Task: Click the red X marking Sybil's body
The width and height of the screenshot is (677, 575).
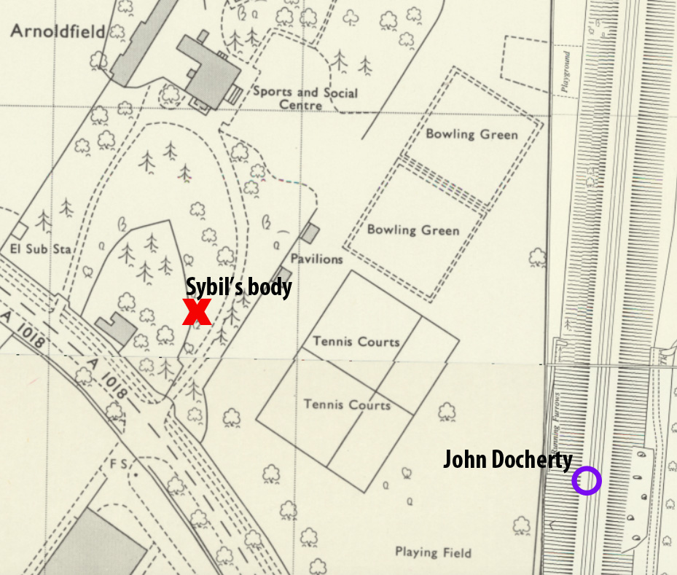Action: tap(197, 312)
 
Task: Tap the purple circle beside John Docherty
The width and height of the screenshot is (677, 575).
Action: tap(587, 481)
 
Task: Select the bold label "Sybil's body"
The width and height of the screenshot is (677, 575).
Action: tap(238, 287)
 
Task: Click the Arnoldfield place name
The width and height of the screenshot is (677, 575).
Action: tap(58, 31)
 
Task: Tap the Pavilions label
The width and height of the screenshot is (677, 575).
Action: tap(316, 259)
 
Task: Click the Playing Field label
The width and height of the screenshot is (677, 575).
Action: tap(433, 552)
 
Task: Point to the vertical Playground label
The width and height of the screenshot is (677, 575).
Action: tap(566, 71)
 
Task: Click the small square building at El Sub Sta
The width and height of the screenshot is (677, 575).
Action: tap(20, 231)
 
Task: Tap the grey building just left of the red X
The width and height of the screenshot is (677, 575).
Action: tap(115, 329)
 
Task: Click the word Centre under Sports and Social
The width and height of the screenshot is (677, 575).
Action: tap(301, 106)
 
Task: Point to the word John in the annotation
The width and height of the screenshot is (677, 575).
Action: tap(464, 460)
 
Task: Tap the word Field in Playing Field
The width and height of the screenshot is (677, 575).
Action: tap(455, 552)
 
